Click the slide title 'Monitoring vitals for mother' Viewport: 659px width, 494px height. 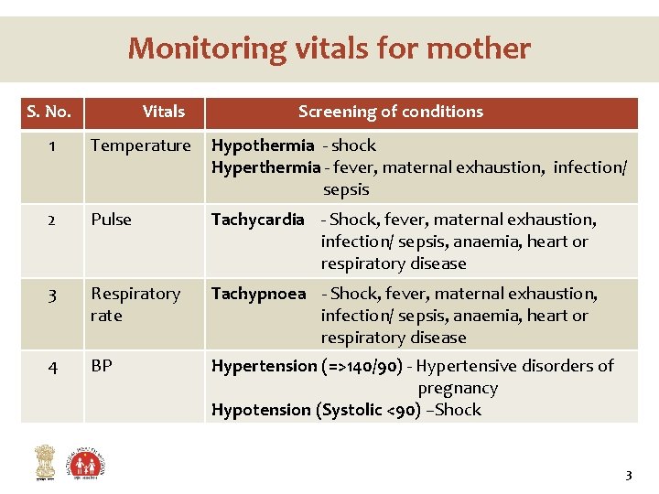point(329,48)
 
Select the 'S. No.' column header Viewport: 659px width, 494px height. point(49,112)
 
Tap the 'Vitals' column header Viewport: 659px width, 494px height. point(164,112)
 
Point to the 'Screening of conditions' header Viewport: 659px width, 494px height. point(391,112)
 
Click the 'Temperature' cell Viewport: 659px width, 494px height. point(141,145)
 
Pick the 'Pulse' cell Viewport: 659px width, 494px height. point(112,220)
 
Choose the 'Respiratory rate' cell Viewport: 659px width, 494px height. point(135,304)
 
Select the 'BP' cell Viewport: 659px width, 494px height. point(102,366)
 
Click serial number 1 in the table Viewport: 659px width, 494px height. point(52,145)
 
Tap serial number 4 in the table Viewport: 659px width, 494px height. point(52,367)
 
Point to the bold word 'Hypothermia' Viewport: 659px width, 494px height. point(263,145)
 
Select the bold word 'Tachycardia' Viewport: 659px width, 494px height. point(258,220)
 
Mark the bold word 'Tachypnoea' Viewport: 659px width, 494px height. point(259,294)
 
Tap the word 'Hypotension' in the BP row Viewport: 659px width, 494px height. point(261,410)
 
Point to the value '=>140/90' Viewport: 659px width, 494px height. point(365,366)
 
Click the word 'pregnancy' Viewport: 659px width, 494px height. point(458,388)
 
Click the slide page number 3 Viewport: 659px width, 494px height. point(628,475)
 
